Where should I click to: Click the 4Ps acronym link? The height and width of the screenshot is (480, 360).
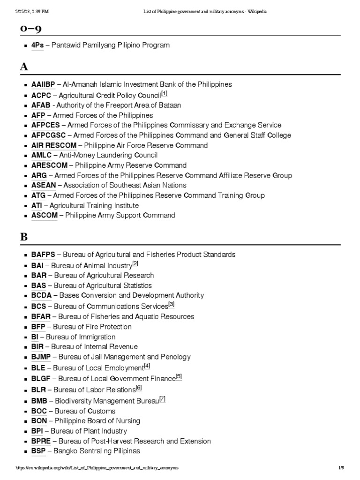pyautogui.click(x=37, y=45)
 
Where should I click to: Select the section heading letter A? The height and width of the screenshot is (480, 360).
pyautogui.click(x=24, y=67)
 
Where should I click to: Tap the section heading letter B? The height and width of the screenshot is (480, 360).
pyautogui.click(x=24, y=237)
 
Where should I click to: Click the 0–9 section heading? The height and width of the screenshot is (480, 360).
pyautogui.click(x=30, y=29)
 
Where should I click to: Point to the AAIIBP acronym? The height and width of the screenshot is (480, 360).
pyautogui.click(x=43, y=85)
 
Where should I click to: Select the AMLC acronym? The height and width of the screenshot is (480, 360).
pyautogui.click(x=42, y=155)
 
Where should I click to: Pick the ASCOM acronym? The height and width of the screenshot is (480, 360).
pyautogui.click(x=45, y=216)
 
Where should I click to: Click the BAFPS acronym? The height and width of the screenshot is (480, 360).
pyautogui.click(x=43, y=255)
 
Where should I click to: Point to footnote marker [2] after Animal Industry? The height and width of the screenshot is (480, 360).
pyautogui.click(x=135, y=263)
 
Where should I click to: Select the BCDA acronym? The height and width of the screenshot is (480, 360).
pyautogui.click(x=42, y=295)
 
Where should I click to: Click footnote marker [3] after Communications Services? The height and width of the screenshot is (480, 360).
pyautogui.click(x=171, y=304)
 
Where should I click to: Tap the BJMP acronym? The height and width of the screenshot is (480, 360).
pyautogui.click(x=42, y=357)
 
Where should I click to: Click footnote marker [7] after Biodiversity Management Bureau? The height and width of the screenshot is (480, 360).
pyautogui.click(x=162, y=399)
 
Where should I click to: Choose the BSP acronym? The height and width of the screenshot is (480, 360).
pyautogui.click(x=38, y=451)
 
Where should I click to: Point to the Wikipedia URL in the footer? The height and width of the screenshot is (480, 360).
pyautogui.click(x=97, y=468)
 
